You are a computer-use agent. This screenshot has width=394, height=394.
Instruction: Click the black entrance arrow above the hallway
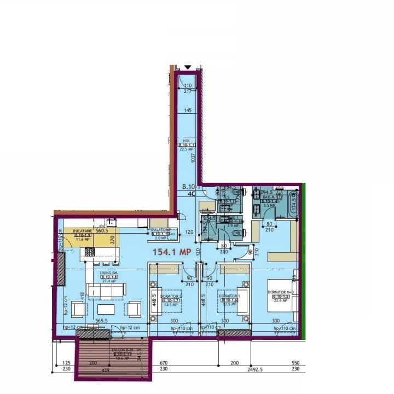[x=188, y=67]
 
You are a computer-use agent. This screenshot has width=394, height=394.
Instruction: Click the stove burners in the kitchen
[x=90, y=252]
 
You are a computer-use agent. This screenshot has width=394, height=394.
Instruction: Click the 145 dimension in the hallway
[x=188, y=111]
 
